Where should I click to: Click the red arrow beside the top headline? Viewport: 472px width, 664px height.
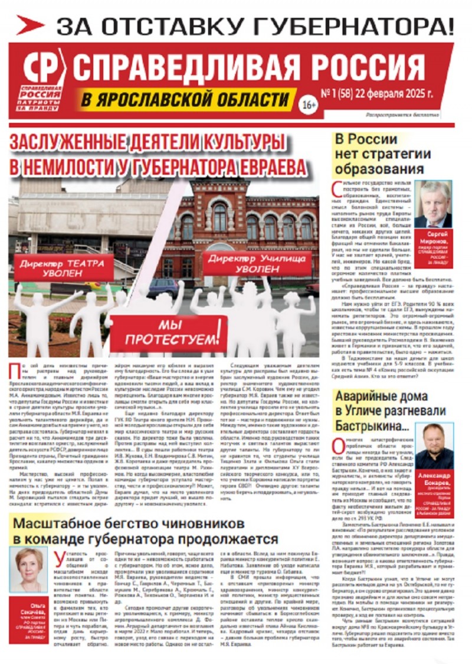pyautogui.click(x=29, y=25)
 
